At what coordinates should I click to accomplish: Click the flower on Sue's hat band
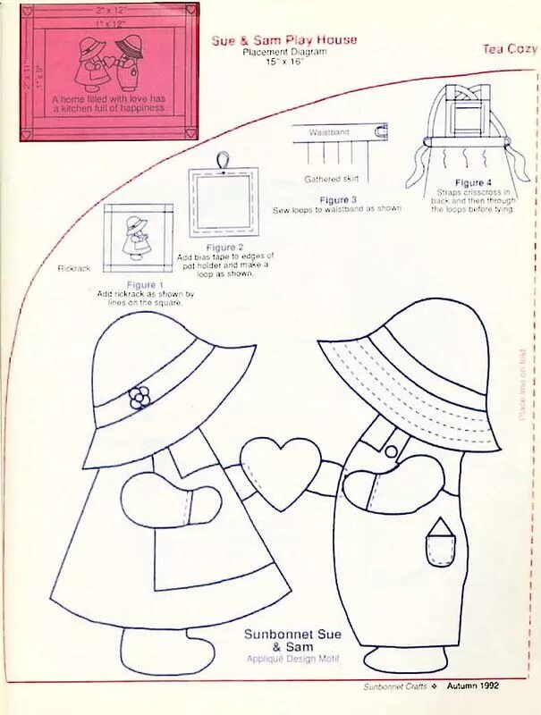(139, 398)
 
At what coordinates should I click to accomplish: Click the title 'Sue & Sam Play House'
(284, 40)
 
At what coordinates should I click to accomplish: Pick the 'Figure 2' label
(224, 247)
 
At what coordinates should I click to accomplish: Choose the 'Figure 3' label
(338, 199)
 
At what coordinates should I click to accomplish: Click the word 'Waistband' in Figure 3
(329, 132)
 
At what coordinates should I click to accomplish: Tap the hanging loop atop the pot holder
(222, 158)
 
